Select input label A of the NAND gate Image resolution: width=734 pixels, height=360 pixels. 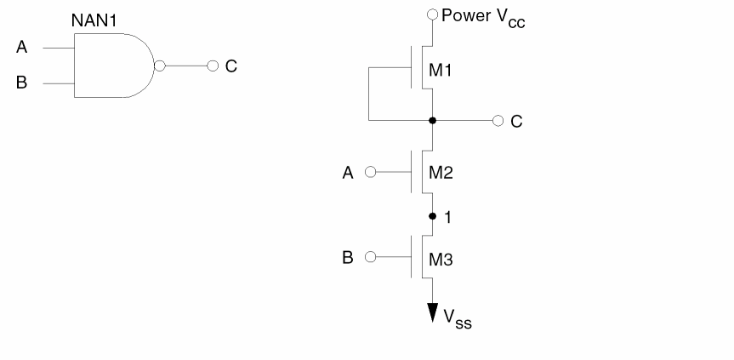[x=22, y=49]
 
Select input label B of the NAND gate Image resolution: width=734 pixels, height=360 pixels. [x=22, y=85]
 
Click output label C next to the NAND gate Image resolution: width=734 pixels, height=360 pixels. [x=230, y=66]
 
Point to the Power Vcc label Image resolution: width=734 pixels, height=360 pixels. [x=483, y=15]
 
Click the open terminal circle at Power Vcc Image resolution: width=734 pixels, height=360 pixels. [x=433, y=14]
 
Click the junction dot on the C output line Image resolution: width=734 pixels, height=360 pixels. [x=433, y=121]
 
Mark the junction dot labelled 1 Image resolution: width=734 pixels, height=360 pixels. [x=433, y=215]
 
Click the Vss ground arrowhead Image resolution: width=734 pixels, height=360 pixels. [x=433, y=312]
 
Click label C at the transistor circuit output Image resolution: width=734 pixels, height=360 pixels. [x=517, y=122]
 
